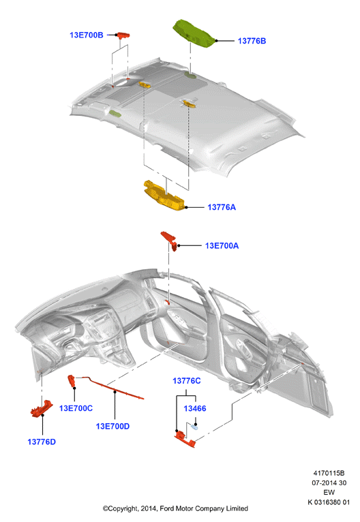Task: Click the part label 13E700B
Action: click(x=87, y=35)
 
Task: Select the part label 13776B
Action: click(x=252, y=41)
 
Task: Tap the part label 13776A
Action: click(x=222, y=207)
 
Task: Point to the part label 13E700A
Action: click(x=222, y=246)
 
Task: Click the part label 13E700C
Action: click(x=76, y=408)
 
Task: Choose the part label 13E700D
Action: click(x=112, y=426)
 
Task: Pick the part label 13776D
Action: click(x=42, y=442)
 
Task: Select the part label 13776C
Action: click(x=187, y=381)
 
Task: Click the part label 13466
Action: click(x=195, y=408)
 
